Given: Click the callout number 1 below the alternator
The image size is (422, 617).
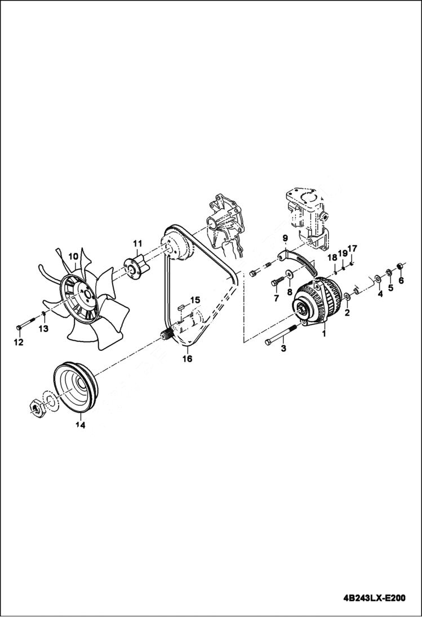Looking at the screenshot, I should pos(324,334).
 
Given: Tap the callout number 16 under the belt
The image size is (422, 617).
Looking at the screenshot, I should pos(187,358).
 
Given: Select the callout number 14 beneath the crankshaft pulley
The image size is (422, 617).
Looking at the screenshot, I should pos(81,426).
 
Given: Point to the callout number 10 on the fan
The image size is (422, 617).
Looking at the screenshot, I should pos(73,257).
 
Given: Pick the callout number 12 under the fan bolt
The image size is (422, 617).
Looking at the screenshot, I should pos(18,342).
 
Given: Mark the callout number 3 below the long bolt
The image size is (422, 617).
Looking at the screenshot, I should pos(283,349).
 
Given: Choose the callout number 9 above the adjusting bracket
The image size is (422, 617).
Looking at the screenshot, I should pos(285,238).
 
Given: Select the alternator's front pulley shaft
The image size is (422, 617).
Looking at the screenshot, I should pos(299,307).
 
